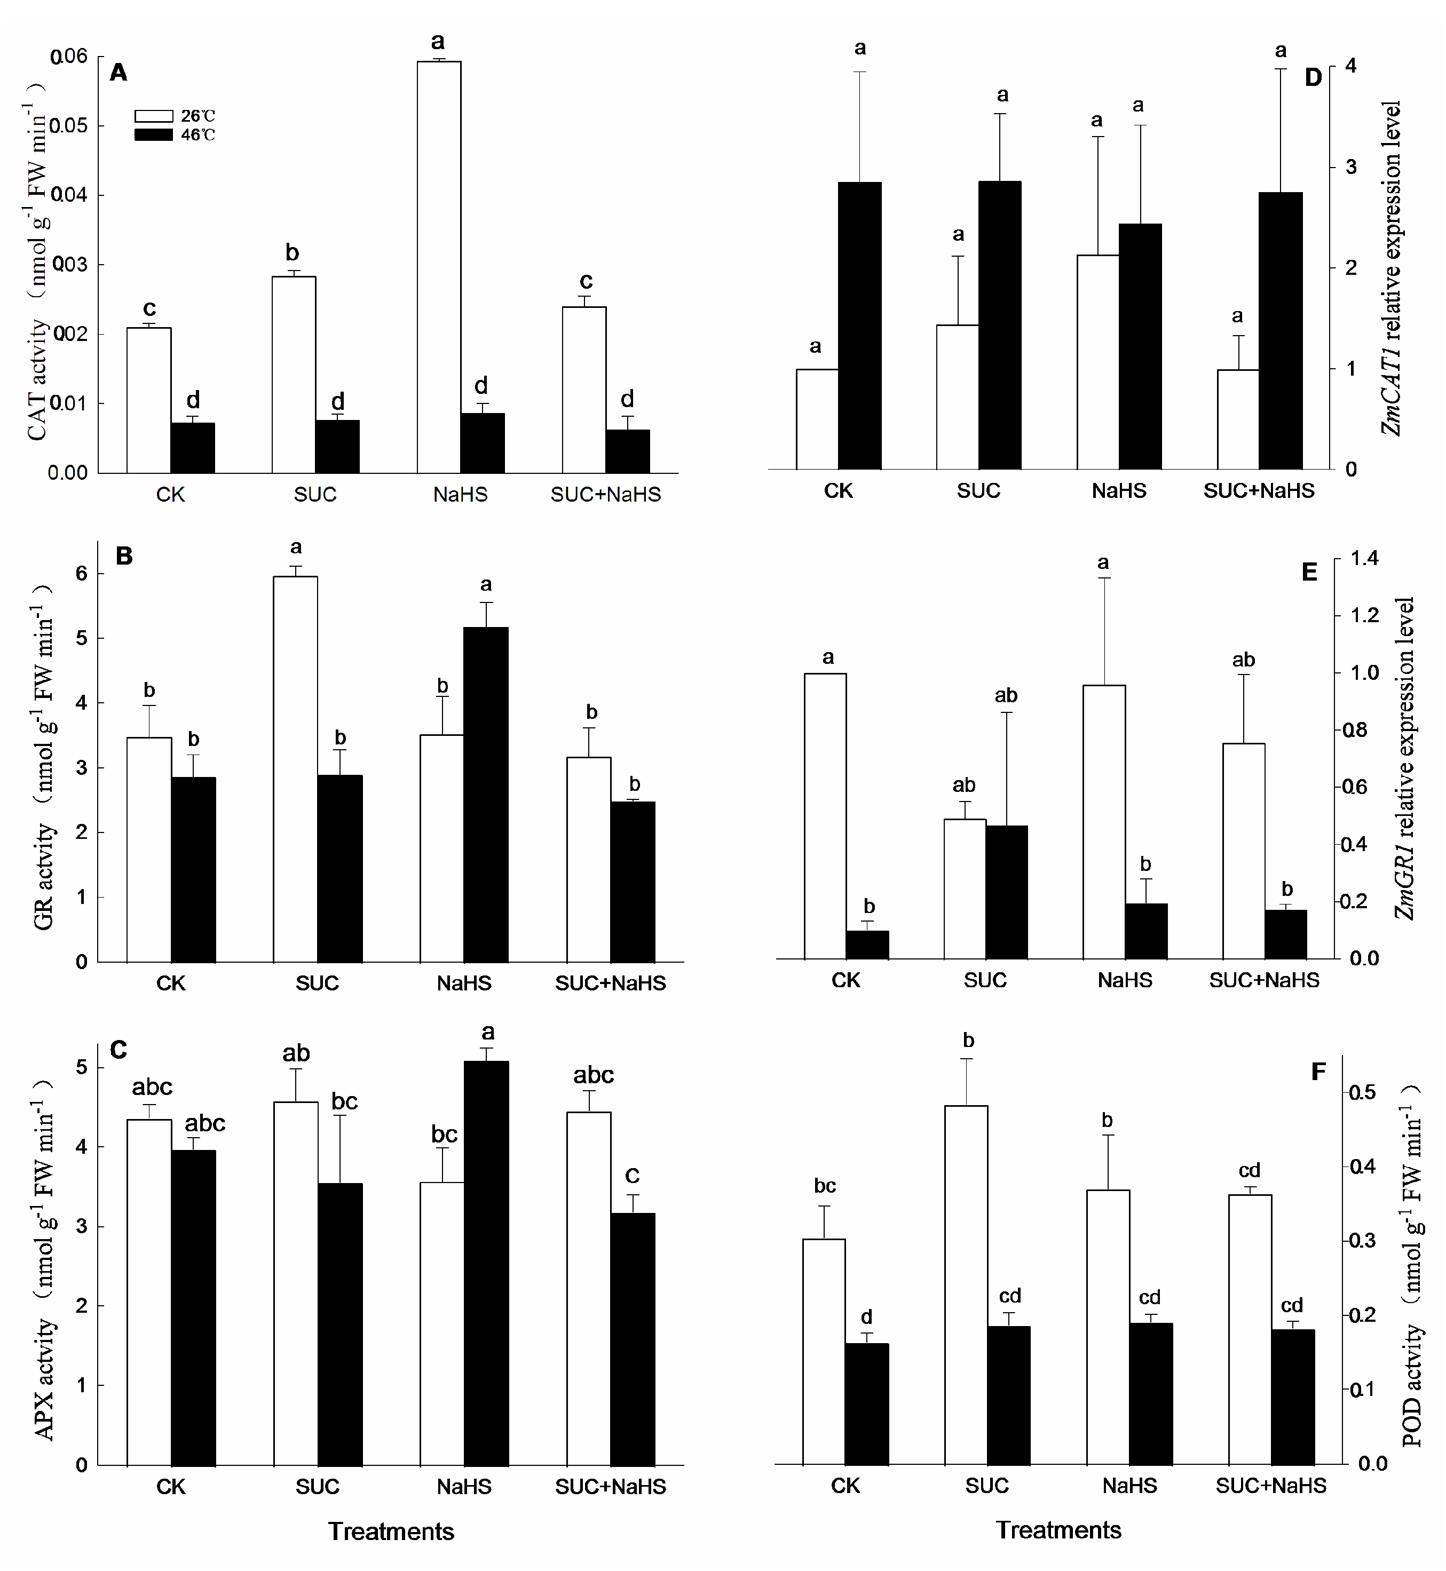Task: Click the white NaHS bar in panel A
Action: (x=438, y=266)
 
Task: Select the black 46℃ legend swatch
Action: (x=153, y=134)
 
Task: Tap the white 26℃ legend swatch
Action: (x=153, y=116)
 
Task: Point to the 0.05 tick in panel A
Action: (x=68, y=126)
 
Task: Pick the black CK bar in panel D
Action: (x=859, y=326)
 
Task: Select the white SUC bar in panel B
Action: (x=295, y=769)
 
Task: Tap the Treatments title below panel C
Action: (x=390, y=1531)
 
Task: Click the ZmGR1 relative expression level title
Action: (x=1405, y=759)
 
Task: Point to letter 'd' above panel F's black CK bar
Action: (x=866, y=1318)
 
